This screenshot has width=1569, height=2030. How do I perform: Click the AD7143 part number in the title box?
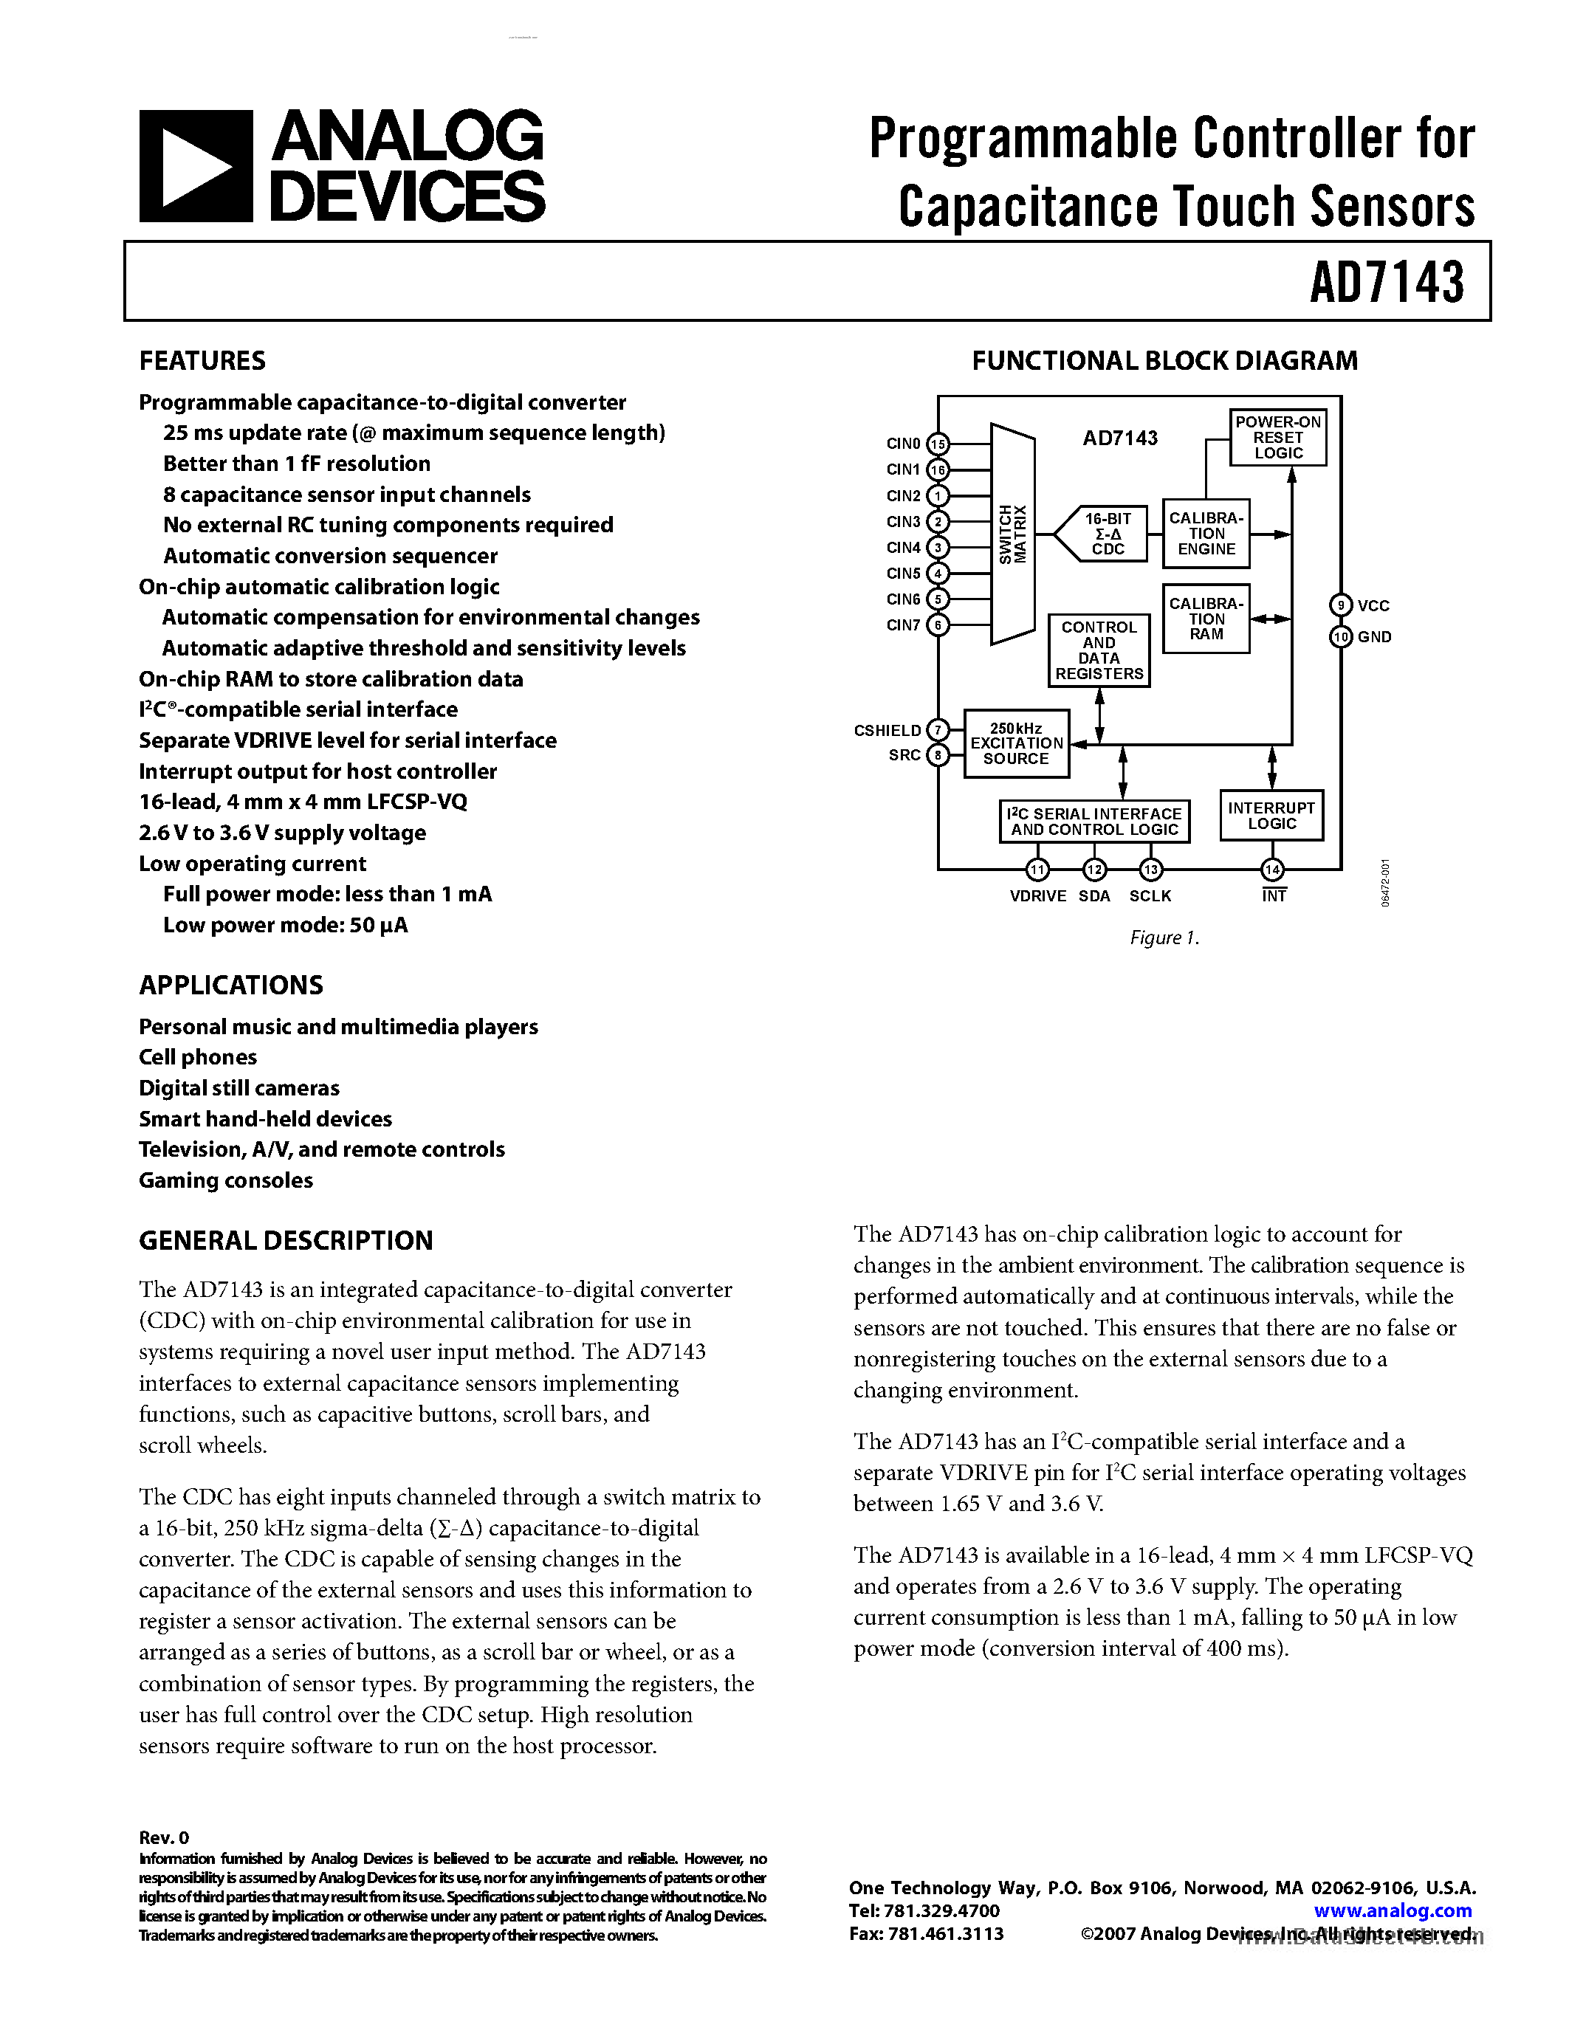1386,282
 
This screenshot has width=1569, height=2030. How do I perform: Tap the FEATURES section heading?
202,361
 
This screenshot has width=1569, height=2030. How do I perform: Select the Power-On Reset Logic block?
1277,437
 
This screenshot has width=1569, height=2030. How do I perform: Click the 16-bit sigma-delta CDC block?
1107,534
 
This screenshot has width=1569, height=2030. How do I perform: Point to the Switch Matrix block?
1012,534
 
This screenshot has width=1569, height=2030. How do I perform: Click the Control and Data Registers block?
1099,650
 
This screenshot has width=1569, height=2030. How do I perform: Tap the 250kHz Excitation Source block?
1016,743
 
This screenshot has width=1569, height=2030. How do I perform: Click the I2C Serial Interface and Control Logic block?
1094,822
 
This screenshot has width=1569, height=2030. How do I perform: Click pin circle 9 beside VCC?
1340,605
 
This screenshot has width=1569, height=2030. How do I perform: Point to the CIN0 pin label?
902,444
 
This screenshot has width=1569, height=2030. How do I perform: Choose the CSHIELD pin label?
888,731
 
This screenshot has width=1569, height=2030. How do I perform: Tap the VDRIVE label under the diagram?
1037,896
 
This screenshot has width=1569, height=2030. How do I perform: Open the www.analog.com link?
1393,1911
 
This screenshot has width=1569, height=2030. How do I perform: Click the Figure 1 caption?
1164,937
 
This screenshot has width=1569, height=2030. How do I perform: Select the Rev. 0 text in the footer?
164,1837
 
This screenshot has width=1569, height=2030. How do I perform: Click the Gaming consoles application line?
226,1180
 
